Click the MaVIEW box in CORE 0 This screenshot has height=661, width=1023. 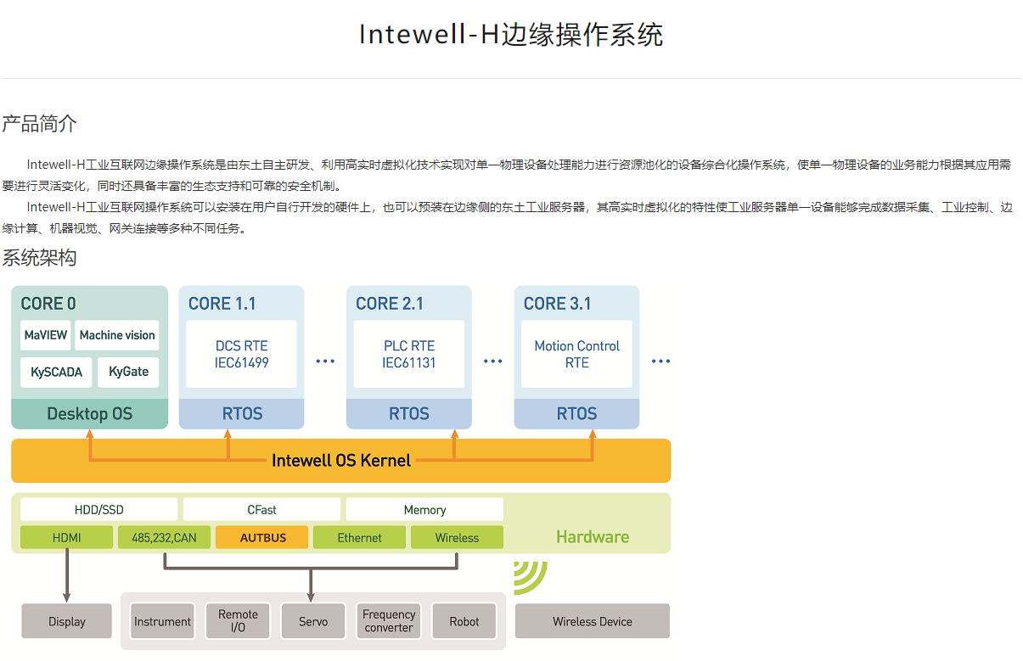pos(46,335)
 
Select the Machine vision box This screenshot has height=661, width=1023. pos(117,335)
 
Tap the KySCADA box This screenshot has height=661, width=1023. pos(56,372)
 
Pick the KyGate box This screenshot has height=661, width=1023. pos(128,372)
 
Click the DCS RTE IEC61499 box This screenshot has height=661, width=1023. pos(241,354)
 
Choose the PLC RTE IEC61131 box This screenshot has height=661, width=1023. pos(408,354)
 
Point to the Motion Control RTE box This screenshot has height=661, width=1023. pos(576,354)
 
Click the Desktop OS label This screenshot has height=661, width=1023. pos(90,414)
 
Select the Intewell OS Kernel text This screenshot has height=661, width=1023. pos(341,461)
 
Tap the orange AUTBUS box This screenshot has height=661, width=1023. pos(262,537)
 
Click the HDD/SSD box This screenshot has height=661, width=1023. pos(99,510)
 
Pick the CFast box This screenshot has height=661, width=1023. pos(261,510)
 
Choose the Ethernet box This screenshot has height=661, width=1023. pos(359,537)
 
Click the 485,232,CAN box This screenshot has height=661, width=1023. pos(164,537)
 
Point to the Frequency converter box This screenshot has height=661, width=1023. pos(389,621)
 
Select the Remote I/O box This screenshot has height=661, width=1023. pos(238,621)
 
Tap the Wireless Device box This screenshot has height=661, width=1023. pos(592,621)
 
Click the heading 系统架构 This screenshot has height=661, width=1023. pos(39,258)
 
